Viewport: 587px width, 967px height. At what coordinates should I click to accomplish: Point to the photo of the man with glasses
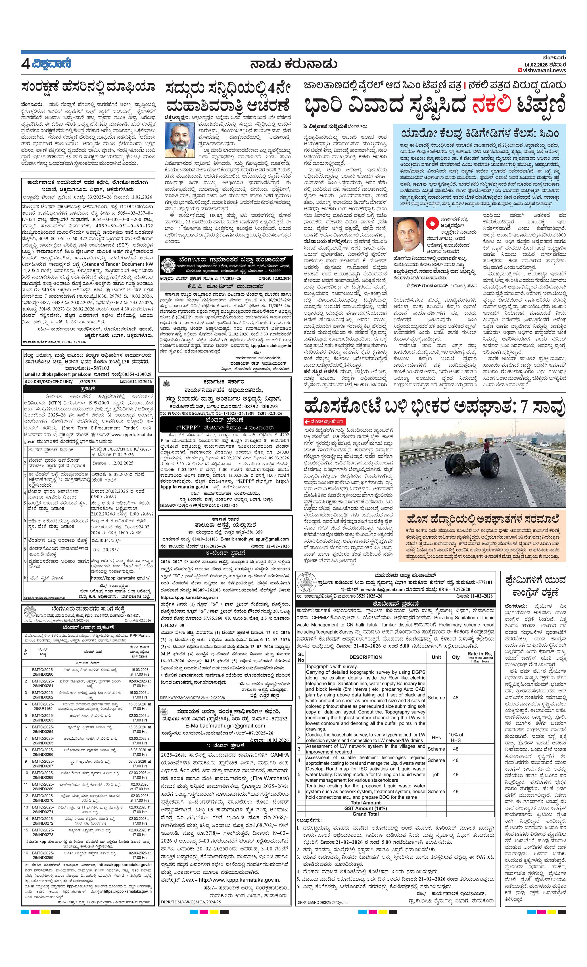click(408, 234)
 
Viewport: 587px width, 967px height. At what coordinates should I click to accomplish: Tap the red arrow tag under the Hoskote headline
click(324, 422)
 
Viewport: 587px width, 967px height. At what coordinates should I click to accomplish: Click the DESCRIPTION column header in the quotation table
click(365, 657)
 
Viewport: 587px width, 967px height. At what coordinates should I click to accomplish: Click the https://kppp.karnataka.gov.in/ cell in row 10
click(120, 578)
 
